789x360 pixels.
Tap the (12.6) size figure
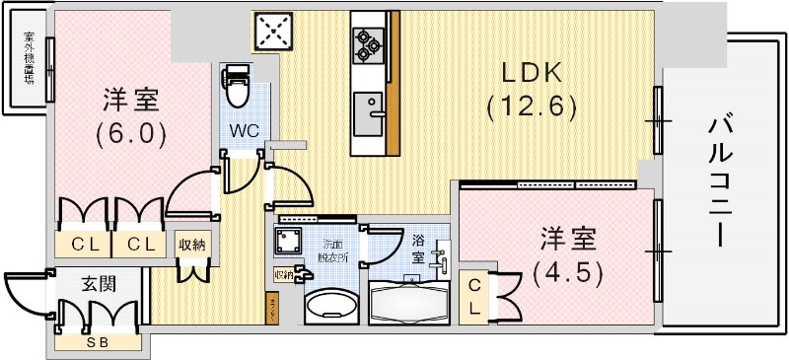[x=530, y=107]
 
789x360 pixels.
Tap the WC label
[x=244, y=129]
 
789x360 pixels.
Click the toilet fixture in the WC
[x=238, y=90]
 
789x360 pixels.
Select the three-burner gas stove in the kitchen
[x=367, y=42]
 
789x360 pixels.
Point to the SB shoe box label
[x=97, y=342]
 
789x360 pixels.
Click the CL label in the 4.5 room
[x=473, y=297]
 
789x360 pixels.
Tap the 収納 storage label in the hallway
[x=190, y=244]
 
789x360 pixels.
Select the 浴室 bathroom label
[x=418, y=248]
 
